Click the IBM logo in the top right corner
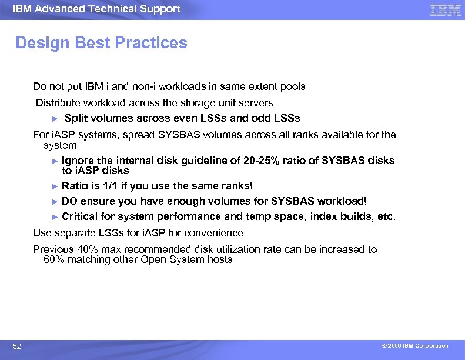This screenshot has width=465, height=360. coord(445,9)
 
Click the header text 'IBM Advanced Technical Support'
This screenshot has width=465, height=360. coord(96,9)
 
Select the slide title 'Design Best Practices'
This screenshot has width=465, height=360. coord(101,43)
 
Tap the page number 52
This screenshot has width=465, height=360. coord(17,346)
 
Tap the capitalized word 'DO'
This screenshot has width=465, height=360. coord(69,201)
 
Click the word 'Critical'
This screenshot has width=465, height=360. coord(79,216)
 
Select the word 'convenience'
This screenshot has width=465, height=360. coord(215,233)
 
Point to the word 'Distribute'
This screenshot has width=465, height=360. coord(57,103)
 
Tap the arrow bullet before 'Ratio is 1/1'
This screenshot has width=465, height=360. coord(56,186)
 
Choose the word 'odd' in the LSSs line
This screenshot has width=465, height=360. coord(262,118)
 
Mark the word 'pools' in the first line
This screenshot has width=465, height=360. coord(293,86)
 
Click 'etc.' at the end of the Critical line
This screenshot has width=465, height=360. coord(386,216)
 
